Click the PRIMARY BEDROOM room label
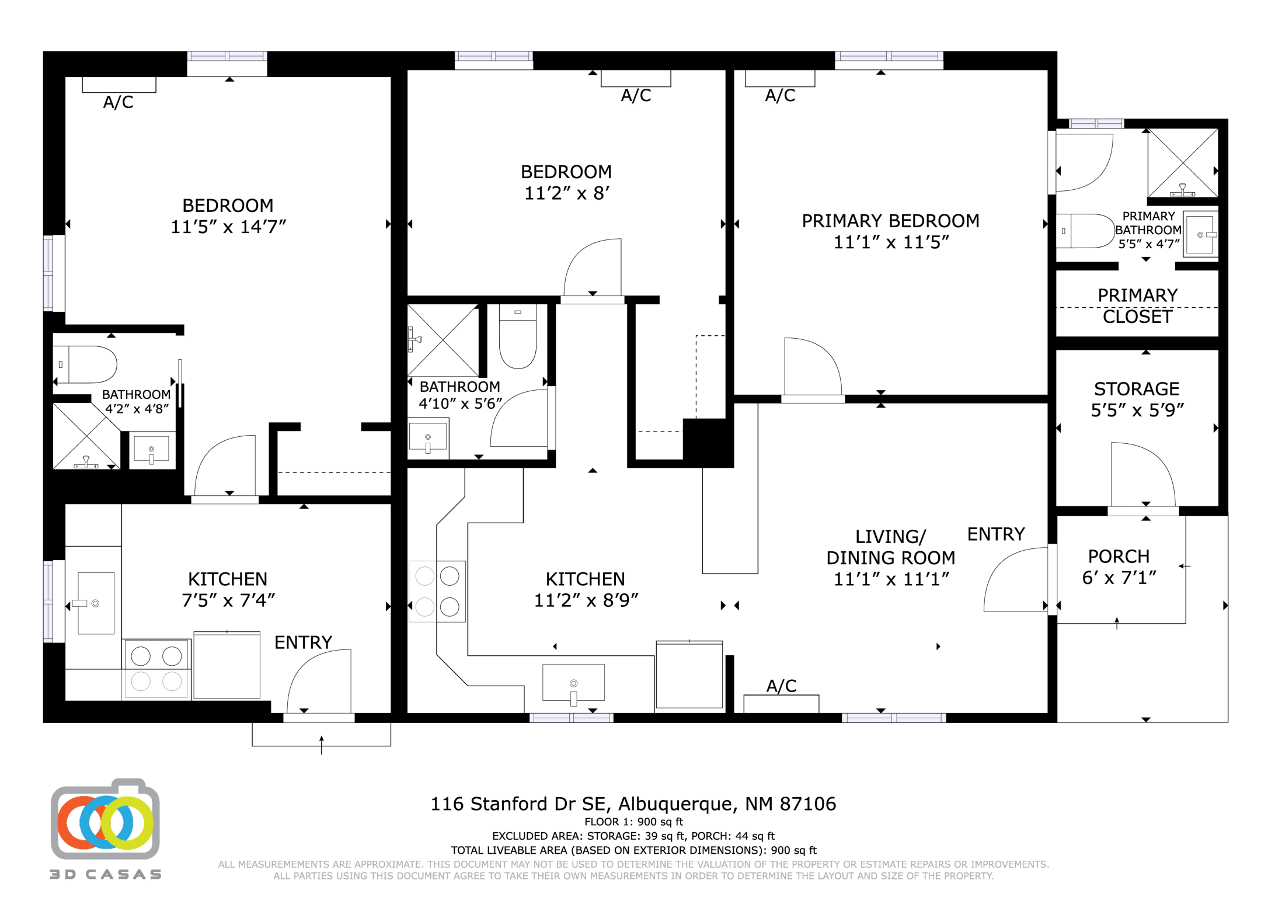click(x=890, y=221)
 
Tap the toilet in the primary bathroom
click(x=1084, y=231)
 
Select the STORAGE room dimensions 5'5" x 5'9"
click(x=1137, y=411)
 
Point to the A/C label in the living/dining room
click(x=781, y=686)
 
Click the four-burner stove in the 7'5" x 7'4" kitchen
click(x=156, y=669)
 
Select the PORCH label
click(x=1119, y=556)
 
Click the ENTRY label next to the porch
click(x=996, y=534)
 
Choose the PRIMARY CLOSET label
click(x=1137, y=306)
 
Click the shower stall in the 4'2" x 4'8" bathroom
click(x=86, y=436)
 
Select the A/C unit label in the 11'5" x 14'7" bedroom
click(x=119, y=102)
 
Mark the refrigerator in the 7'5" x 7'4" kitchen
click(x=227, y=665)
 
